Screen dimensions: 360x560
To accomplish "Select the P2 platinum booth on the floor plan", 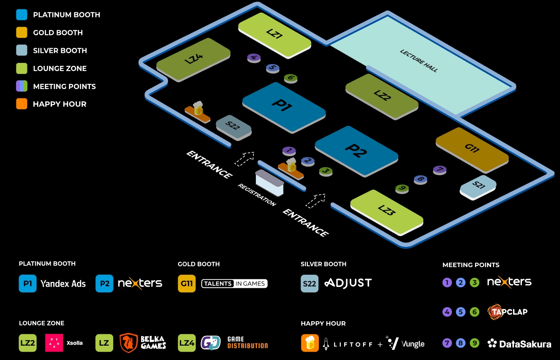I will click(x=356, y=150).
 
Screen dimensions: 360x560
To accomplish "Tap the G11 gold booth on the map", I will click(x=472, y=149).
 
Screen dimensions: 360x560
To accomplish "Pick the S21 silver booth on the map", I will click(x=478, y=186).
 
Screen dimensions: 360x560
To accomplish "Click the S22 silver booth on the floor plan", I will click(x=234, y=126).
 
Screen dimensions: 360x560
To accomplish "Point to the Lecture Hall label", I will click(x=419, y=61).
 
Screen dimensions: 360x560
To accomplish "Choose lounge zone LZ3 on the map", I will click(x=386, y=211).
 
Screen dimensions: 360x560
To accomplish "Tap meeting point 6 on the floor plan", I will click(x=291, y=78).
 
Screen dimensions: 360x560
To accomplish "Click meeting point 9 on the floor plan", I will click(x=402, y=188).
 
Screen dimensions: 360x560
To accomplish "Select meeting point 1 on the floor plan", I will click(x=289, y=150).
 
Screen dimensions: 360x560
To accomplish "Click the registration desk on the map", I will click(x=269, y=182).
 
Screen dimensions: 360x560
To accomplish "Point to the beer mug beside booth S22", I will click(x=197, y=108).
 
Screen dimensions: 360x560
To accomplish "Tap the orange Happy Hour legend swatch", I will click(x=22, y=104).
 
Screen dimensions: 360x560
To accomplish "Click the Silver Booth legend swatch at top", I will click(x=22, y=50).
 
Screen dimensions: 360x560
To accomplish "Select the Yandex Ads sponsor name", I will click(x=63, y=284).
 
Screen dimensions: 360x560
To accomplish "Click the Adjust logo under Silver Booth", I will click(x=348, y=283).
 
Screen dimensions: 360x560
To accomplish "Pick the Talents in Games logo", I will click(x=234, y=284).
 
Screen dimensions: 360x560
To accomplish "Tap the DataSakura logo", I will click(x=519, y=344).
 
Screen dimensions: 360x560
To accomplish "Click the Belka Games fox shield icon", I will click(x=128, y=343).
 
